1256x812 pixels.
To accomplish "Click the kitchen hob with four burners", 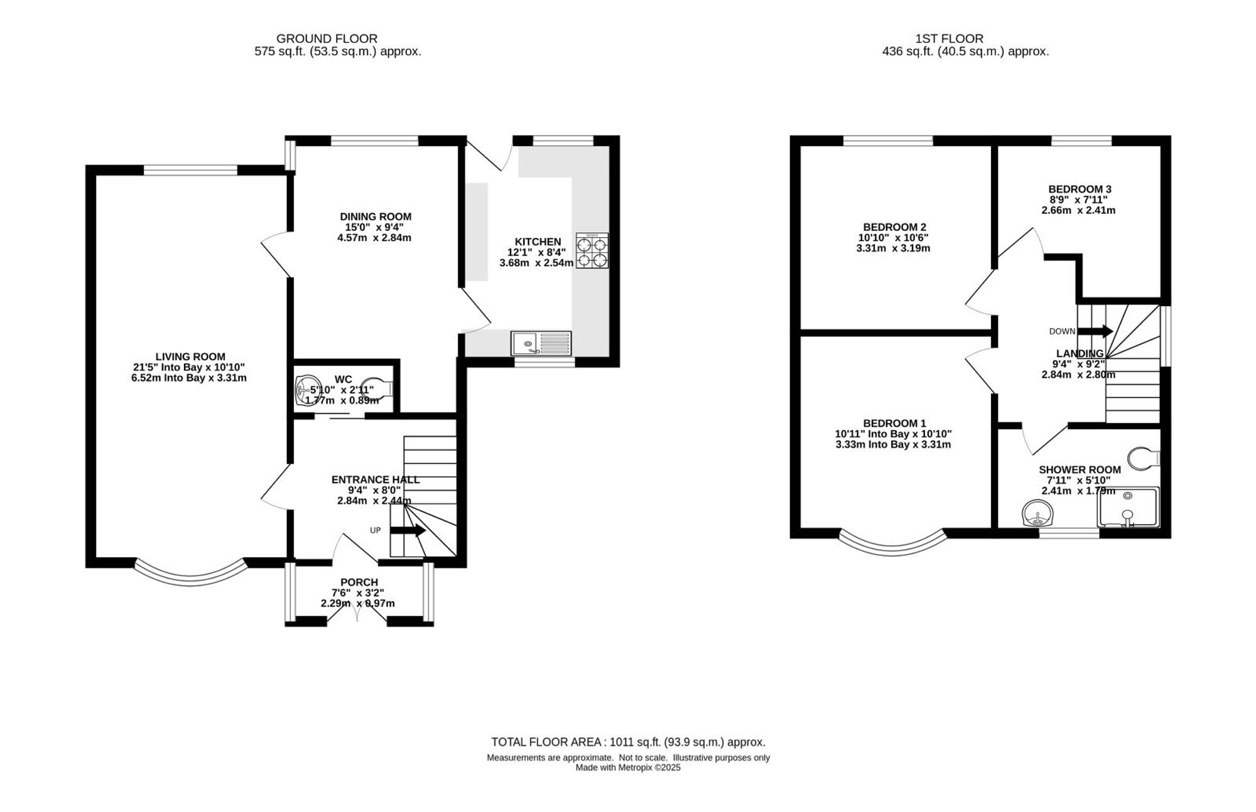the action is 592,251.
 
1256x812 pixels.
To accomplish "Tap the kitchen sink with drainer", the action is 541,343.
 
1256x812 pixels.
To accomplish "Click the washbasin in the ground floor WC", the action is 308,389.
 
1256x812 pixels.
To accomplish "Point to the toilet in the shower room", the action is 1144,459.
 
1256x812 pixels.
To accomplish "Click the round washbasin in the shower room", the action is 1037,514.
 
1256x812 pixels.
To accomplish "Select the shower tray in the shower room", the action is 1128,507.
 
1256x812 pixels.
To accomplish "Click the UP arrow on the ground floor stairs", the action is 408,531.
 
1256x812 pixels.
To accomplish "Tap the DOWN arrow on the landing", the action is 1095,331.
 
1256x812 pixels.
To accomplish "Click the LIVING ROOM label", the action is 190,357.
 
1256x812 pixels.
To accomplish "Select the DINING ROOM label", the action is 376,217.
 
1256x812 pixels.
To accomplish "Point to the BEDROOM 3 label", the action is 1080,189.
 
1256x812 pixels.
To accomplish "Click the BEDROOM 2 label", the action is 894,227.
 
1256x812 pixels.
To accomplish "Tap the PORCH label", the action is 359,582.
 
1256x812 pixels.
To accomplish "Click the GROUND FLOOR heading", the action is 327,39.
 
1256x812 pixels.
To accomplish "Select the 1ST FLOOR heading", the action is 950,39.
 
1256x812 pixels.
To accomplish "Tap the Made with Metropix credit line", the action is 628,767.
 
